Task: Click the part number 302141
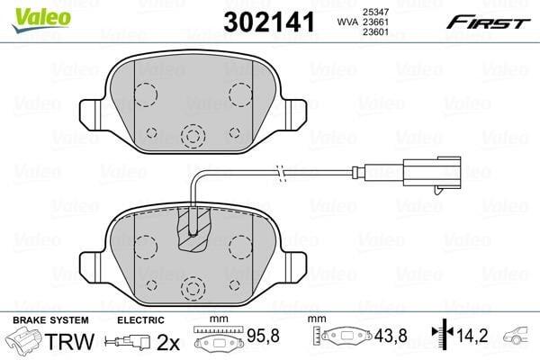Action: click(269, 22)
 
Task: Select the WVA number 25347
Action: click(375, 12)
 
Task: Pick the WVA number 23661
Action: click(375, 22)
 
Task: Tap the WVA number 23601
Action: click(375, 32)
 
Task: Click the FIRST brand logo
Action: click(489, 22)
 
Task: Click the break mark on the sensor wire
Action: click(282, 172)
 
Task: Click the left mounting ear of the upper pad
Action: click(92, 114)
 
